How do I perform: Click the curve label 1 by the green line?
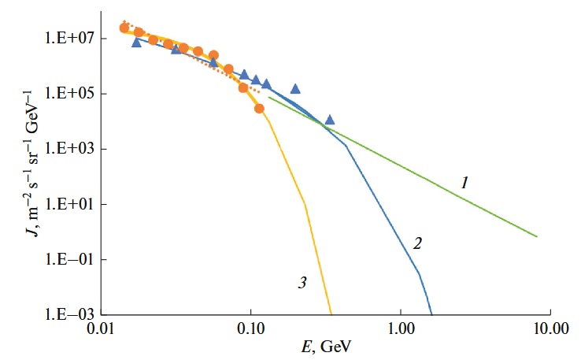click(464, 184)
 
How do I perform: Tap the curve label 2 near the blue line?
click(418, 243)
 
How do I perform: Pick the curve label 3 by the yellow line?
click(301, 281)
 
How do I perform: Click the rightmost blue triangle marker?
click(330, 120)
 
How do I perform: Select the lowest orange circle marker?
click(259, 109)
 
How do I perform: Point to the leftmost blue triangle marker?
click(136, 43)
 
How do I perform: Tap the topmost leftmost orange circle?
click(124, 28)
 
